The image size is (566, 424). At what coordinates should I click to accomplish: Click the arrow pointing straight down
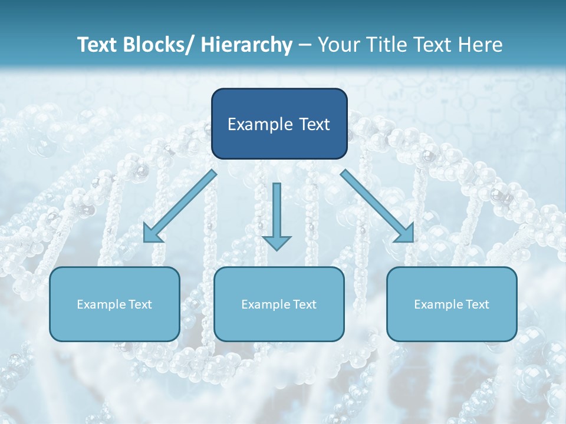[x=277, y=215]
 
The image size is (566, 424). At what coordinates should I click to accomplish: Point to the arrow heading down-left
[x=180, y=206]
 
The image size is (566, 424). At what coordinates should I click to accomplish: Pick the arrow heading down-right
[x=377, y=206]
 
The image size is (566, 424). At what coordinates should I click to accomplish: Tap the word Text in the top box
[x=313, y=124]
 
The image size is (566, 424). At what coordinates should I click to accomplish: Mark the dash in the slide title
[x=304, y=45]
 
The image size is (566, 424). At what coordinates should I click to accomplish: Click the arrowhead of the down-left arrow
[x=152, y=234]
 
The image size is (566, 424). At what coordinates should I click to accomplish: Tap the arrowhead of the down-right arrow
[x=406, y=234]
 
